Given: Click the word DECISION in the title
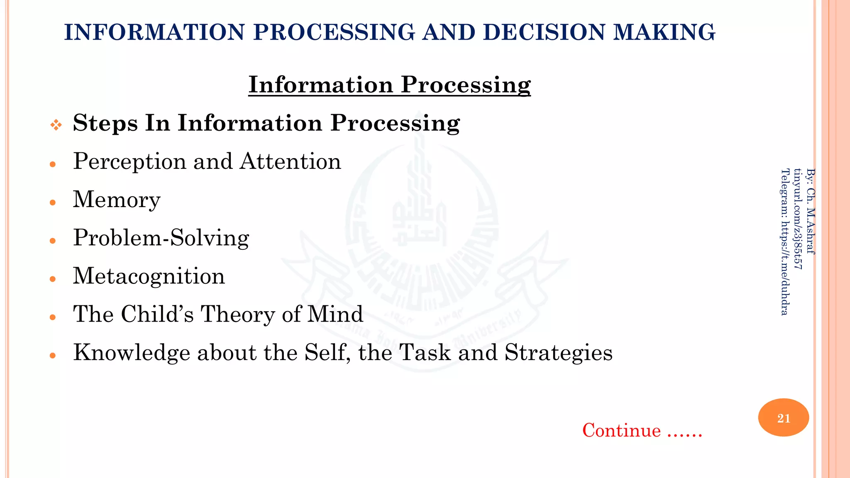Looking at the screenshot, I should click(544, 32).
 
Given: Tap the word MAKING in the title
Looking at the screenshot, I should click(664, 32).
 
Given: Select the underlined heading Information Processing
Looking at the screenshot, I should click(389, 85).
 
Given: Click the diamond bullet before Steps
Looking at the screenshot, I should click(56, 124).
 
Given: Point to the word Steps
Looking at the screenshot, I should click(105, 123).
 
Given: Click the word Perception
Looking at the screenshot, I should click(129, 162).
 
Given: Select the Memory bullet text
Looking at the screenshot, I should click(117, 200).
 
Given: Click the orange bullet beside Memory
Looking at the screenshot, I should click(53, 202).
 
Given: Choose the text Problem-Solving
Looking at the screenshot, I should click(161, 238).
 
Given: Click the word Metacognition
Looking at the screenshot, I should click(149, 276).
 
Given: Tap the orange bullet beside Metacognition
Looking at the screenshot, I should click(53, 279).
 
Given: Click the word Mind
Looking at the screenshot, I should click(335, 314).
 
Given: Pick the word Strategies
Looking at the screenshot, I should click(558, 353).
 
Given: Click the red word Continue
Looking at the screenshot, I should click(621, 430).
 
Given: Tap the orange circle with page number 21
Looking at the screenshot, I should click(783, 417).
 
